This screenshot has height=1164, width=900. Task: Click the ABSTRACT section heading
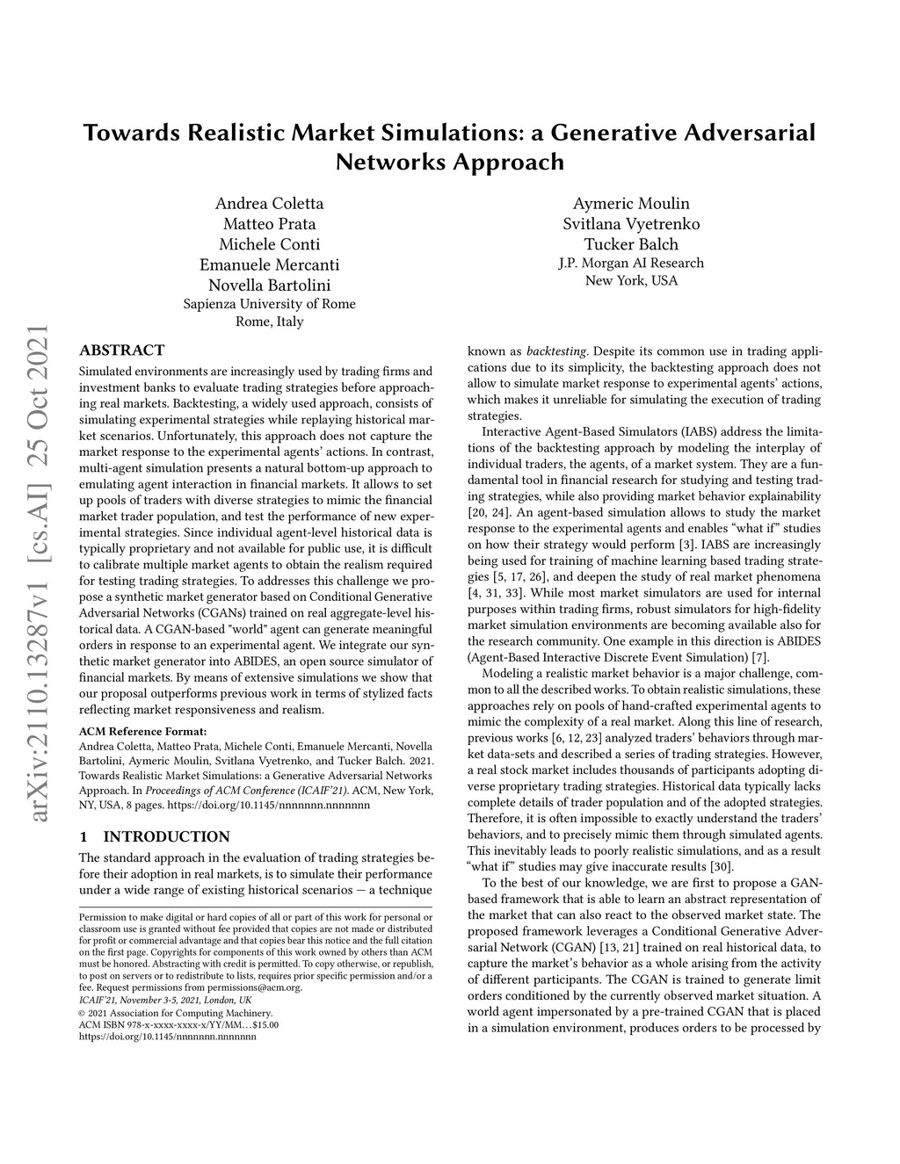click(x=121, y=351)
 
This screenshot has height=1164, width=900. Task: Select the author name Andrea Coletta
click(x=269, y=204)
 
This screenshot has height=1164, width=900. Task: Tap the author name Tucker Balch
click(x=631, y=244)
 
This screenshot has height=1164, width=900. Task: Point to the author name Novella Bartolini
click(x=269, y=285)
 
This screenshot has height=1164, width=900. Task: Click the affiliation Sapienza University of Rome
click(x=269, y=304)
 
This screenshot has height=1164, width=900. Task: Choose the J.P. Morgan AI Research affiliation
click(x=631, y=263)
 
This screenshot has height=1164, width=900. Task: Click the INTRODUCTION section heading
click(x=166, y=836)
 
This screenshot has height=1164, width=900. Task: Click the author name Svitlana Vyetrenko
click(x=631, y=224)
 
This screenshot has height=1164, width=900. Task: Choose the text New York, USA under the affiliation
click(x=631, y=280)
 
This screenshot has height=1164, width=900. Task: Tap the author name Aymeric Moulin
click(x=631, y=204)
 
